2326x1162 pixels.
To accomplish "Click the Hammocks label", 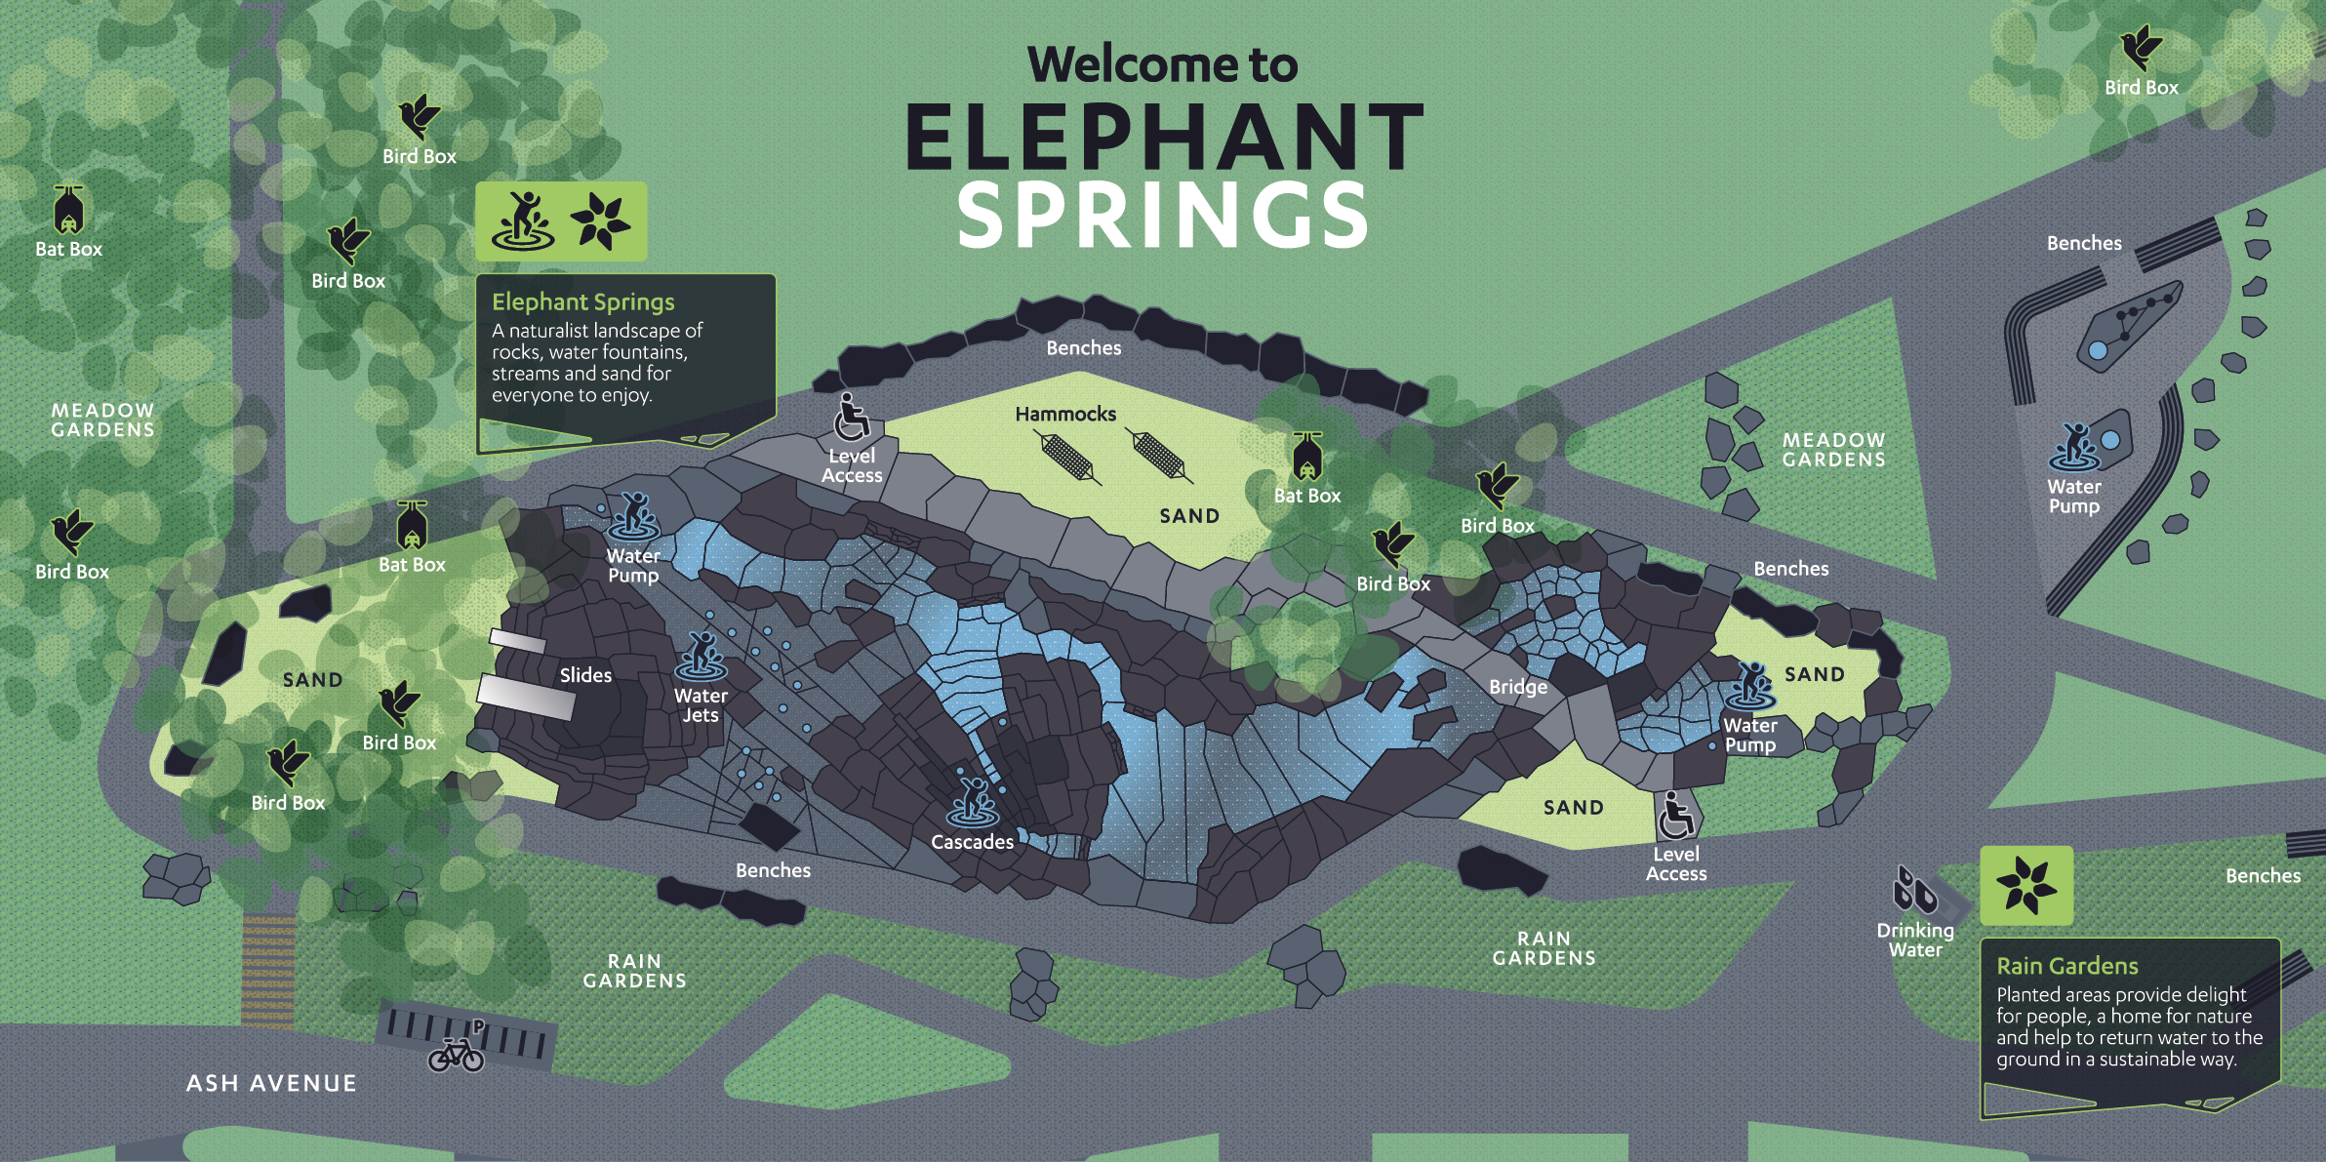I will pyautogui.click(x=1065, y=415).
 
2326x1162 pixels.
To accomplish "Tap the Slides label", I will pyautogui.click(x=585, y=675).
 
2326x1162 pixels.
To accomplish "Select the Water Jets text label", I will pyautogui.click(x=701, y=705).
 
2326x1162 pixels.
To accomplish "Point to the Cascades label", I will pyautogui.click(x=972, y=842).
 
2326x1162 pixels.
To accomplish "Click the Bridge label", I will pyautogui.click(x=1518, y=687).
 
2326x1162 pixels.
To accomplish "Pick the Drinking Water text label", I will pyautogui.click(x=1915, y=940).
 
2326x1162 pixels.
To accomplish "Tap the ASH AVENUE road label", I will pyautogui.click(x=271, y=1083).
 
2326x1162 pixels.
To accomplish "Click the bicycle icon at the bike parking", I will pyautogui.click(x=456, y=1055).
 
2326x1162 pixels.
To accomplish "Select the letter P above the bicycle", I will pyautogui.click(x=478, y=1026).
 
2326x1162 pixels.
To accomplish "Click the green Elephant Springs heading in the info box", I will pyautogui.click(x=582, y=302).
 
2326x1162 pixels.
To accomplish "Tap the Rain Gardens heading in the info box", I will pyautogui.click(x=2066, y=966).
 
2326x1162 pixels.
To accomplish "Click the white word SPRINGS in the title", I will pyautogui.click(x=1163, y=216).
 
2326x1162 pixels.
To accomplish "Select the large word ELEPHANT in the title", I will pyautogui.click(x=1163, y=138).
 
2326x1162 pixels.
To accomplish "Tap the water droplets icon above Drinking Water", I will pyautogui.click(x=1914, y=890).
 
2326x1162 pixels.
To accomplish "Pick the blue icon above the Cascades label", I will pyautogui.click(x=973, y=802).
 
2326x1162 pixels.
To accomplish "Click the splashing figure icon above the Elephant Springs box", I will pyautogui.click(x=524, y=220).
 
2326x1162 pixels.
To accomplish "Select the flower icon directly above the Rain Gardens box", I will pyautogui.click(x=2025, y=885).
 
